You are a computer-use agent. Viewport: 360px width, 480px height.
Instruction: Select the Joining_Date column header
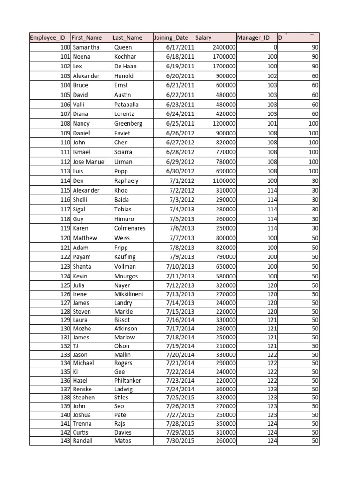click(x=171, y=38)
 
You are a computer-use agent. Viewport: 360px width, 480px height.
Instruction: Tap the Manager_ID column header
click(x=253, y=38)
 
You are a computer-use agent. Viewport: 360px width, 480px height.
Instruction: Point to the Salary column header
click(x=203, y=38)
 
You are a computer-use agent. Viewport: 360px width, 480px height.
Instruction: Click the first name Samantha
click(x=86, y=47)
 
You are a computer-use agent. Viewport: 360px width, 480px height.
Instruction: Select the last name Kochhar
click(x=124, y=57)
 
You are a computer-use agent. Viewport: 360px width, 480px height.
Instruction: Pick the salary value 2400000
click(x=224, y=47)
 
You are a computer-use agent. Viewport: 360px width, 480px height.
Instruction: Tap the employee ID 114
click(x=65, y=181)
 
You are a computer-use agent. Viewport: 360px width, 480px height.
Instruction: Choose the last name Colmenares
click(x=130, y=228)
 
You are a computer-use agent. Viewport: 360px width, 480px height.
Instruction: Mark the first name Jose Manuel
click(x=90, y=162)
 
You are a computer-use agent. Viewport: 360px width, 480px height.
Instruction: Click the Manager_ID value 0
click(x=275, y=47)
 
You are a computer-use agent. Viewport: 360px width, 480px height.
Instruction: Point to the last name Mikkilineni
click(x=129, y=294)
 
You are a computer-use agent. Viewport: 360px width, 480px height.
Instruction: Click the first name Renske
click(x=82, y=389)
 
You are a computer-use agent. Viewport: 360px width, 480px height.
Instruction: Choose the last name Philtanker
click(x=127, y=381)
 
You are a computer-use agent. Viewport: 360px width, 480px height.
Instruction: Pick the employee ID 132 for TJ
click(x=65, y=346)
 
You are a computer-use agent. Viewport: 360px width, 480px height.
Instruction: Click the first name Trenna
click(x=82, y=424)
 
